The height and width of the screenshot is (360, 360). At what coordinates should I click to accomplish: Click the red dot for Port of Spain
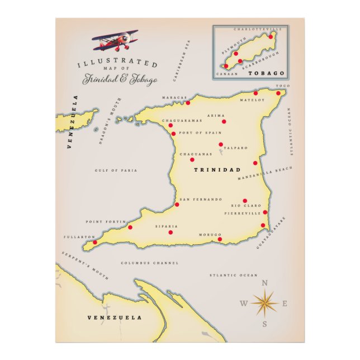pos(173,134)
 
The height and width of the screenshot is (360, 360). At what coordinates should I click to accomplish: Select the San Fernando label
pos(201,200)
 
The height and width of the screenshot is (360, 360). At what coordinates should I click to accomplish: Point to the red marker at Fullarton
pos(94,243)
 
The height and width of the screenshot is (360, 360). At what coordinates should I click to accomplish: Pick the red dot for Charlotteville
pos(271,36)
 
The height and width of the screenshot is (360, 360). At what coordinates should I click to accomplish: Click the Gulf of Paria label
pos(116,170)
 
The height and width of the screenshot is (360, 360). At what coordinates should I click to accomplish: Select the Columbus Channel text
pos(150,263)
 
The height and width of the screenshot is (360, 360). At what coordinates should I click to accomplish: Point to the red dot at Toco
pos(278,93)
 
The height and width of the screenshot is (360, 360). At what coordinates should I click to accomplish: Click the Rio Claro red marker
pos(245,201)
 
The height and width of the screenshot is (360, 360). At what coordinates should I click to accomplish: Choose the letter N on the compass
pos(265,283)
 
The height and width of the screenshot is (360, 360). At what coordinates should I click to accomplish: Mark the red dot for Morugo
pos(220,239)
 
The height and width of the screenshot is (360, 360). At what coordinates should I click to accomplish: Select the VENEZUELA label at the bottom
pos(115,318)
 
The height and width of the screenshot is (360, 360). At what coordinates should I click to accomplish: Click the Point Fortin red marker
pos(130,227)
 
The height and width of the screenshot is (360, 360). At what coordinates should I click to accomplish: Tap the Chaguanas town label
pos(196,154)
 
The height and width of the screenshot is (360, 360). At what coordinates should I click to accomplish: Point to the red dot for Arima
pos(224,121)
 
